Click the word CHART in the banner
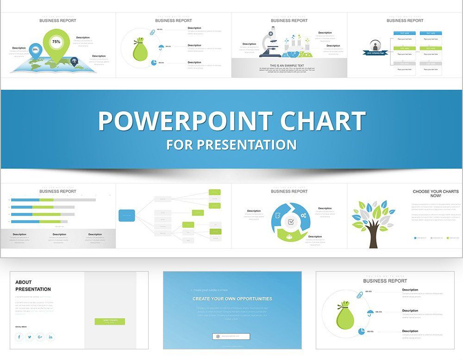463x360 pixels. click(317, 121)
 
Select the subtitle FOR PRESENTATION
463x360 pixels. click(231, 145)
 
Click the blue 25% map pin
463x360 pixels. click(35, 50)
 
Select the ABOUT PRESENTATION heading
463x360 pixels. click(33, 286)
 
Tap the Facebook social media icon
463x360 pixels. click(19, 337)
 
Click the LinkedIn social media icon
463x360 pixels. click(50, 337)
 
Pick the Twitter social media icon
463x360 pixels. click(30, 337)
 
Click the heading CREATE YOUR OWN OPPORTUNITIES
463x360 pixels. click(232, 299)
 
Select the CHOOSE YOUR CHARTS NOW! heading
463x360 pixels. click(436, 193)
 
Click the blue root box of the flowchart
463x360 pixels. click(127, 215)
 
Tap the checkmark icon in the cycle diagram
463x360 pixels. click(290, 222)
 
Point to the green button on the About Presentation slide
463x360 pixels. click(110, 321)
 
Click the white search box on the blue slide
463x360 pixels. click(231, 336)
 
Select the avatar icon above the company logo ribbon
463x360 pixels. click(375, 46)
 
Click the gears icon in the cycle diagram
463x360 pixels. click(303, 215)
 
